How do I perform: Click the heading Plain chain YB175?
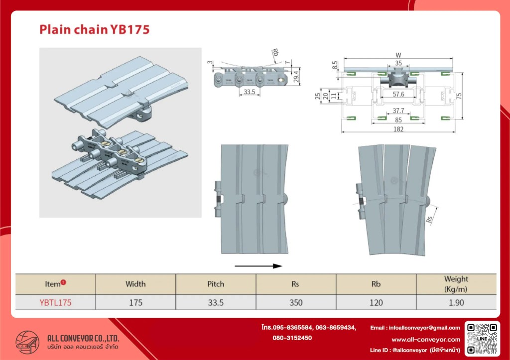coord(94,29)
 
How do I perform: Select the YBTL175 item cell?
coord(55,302)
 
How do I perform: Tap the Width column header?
coord(135,284)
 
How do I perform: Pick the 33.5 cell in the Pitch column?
coord(216,302)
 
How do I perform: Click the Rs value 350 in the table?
coord(296,302)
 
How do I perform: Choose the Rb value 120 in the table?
coord(376,302)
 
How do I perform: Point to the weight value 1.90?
coord(456,302)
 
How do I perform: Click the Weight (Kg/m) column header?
coord(456,284)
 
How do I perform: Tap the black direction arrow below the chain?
coord(258,266)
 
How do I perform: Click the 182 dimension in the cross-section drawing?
coord(398,129)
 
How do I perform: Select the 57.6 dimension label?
coord(398,94)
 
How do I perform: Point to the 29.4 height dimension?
coord(296,77)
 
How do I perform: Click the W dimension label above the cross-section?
coord(398,55)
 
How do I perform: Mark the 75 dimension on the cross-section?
coord(459,96)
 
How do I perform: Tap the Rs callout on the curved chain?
coord(430,219)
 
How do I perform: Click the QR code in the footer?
coord(482,339)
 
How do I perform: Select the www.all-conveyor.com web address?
coord(426,340)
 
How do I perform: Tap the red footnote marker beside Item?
coord(63,282)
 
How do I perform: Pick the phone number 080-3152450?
coord(292,338)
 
